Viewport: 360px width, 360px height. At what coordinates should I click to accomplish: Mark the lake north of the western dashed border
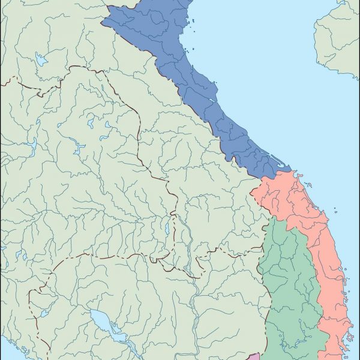(40, 59)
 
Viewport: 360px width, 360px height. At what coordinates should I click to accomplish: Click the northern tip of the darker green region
(273, 218)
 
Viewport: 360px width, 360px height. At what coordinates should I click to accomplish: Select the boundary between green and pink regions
(312, 282)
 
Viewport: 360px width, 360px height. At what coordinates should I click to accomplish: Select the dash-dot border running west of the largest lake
(33, 300)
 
